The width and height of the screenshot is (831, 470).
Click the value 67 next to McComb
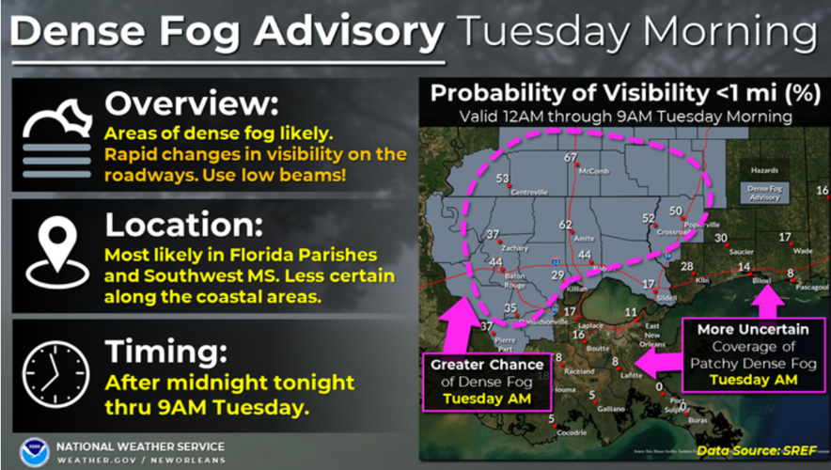click(570, 157)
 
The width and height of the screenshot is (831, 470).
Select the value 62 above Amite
click(565, 225)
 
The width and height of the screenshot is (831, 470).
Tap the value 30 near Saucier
click(721, 238)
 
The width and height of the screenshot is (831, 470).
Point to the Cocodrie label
click(571, 432)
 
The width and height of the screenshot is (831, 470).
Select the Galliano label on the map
click(610, 409)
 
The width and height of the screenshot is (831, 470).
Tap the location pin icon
click(55, 249)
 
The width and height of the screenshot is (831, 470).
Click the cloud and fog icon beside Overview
click(55, 136)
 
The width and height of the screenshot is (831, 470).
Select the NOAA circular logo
click(35, 452)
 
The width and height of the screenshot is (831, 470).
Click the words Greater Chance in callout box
click(487, 365)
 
